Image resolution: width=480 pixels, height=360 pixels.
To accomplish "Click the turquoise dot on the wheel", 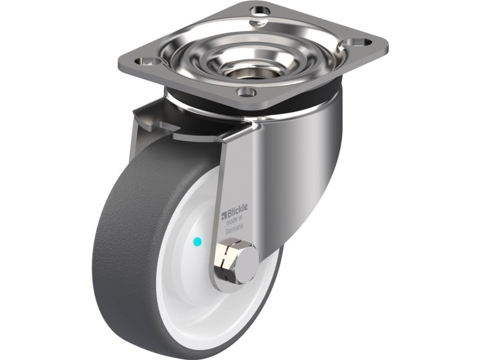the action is tap(198, 242).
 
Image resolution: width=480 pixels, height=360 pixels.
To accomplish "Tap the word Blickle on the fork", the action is tap(237, 209).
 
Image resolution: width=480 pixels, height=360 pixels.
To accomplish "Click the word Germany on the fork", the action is tap(234, 229).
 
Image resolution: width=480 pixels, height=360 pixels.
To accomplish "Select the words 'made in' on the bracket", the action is tap(234, 220).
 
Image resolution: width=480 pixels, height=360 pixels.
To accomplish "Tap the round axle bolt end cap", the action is tap(247, 265).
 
